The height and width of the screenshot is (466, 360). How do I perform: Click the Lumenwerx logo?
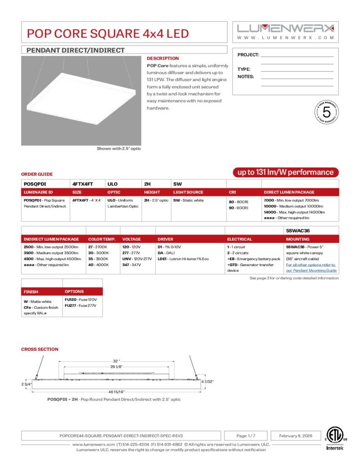(x=285, y=28)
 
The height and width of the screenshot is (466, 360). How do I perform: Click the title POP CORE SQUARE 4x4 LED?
(x=107, y=33)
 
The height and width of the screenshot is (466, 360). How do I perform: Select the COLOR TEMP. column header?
(x=102, y=239)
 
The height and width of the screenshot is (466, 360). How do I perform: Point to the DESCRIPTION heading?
(x=162, y=59)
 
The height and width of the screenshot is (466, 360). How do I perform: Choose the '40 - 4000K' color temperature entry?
(x=98, y=264)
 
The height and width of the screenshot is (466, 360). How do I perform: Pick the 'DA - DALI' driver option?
(x=167, y=253)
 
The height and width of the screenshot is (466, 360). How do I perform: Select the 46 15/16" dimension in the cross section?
(x=117, y=392)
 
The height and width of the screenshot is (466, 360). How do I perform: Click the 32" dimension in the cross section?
(x=116, y=361)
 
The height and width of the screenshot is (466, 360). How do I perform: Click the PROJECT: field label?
(x=248, y=55)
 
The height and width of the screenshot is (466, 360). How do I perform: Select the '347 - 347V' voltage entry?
(x=131, y=264)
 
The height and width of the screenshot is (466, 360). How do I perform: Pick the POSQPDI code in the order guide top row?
(x=35, y=184)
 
